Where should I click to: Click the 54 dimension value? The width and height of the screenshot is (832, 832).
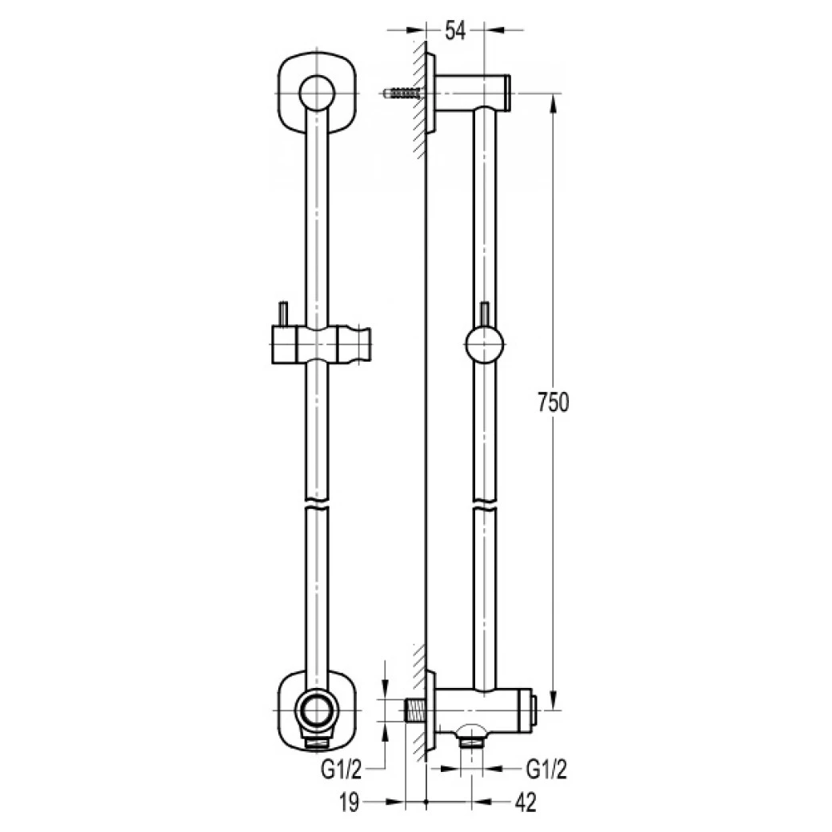[x=455, y=31]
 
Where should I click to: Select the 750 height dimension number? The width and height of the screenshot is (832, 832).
[x=554, y=402]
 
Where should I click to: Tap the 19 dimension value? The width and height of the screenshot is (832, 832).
[x=349, y=803]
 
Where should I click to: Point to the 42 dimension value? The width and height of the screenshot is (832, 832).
[x=526, y=803]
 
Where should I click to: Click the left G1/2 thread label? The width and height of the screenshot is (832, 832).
[x=341, y=770]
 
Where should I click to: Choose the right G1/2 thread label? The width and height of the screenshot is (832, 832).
[x=546, y=770]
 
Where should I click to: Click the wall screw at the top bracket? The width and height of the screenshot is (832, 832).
[x=402, y=94]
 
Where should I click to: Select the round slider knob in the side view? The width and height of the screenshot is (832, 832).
[x=485, y=346]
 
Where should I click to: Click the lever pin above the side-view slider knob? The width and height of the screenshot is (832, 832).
[x=484, y=314]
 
